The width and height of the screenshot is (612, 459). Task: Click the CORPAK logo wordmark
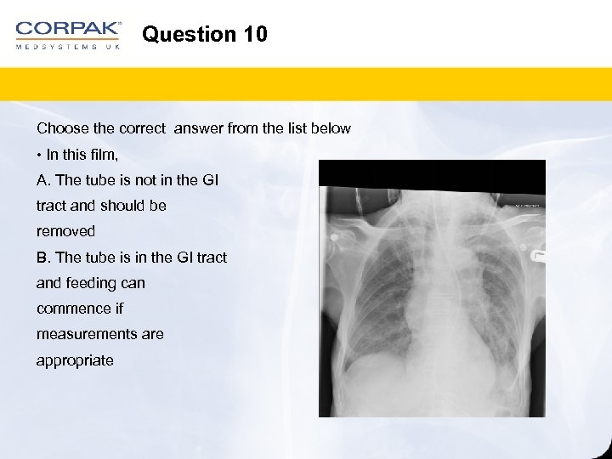(x=68, y=29)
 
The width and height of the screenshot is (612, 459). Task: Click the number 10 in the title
(x=254, y=35)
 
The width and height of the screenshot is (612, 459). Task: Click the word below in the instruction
(x=331, y=128)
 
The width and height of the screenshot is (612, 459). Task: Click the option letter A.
(x=42, y=180)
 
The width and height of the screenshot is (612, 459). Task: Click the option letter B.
(x=42, y=257)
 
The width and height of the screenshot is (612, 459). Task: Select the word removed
(x=65, y=231)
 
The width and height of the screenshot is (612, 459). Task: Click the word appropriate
(x=75, y=360)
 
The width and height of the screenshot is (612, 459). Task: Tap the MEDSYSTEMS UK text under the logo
(x=68, y=47)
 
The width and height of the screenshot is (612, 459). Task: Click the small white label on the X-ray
(x=528, y=205)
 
